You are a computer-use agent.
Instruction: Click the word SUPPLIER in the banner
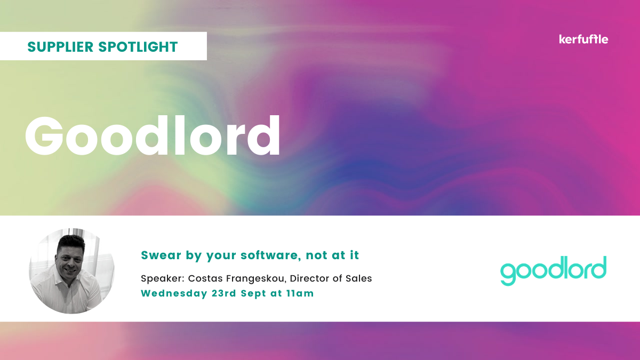coord(60,46)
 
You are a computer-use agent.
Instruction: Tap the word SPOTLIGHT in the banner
coord(138,46)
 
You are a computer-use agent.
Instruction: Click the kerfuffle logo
coord(583,39)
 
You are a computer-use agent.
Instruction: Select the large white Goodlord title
coord(153,135)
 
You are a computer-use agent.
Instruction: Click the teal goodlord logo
coord(553,270)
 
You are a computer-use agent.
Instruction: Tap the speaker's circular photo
coord(71,271)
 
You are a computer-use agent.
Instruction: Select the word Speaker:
coord(163,278)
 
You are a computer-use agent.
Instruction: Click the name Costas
coord(205,278)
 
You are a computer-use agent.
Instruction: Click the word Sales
coord(359,278)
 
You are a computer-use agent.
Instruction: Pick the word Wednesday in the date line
coord(174,294)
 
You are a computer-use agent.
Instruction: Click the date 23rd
coord(223,293)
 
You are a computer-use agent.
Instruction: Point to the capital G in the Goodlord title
coord(44,135)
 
